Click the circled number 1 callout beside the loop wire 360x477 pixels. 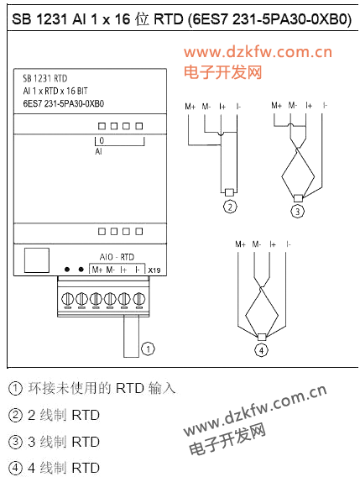click(x=148, y=349)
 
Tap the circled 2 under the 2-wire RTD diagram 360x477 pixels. click(x=230, y=207)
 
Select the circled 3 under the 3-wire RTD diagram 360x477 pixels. click(x=298, y=211)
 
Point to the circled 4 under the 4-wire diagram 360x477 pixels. click(x=262, y=350)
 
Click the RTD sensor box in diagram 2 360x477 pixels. click(x=230, y=192)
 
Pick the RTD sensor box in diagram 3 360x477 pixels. click(x=298, y=198)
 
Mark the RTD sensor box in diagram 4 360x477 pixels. click(x=262, y=337)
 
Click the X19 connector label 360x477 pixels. click(x=154, y=270)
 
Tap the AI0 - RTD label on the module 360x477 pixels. click(x=117, y=257)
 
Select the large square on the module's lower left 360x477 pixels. click(x=37, y=260)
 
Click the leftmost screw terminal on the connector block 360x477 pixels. click(x=67, y=299)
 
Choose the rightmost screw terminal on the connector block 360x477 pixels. click(x=139, y=299)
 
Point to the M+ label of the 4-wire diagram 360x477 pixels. click(x=240, y=244)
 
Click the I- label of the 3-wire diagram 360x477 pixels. click(x=325, y=106)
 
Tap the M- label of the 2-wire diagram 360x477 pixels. click(x=206, y=107)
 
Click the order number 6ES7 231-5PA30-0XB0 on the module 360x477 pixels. click(x=64, y=104)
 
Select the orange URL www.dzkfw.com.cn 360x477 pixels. click(x=258, y=52)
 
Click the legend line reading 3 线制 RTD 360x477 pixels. click(x=54, y=442)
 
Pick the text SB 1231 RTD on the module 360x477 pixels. click(x=45, y=78)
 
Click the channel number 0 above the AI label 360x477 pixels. click(x=102, y=140)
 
